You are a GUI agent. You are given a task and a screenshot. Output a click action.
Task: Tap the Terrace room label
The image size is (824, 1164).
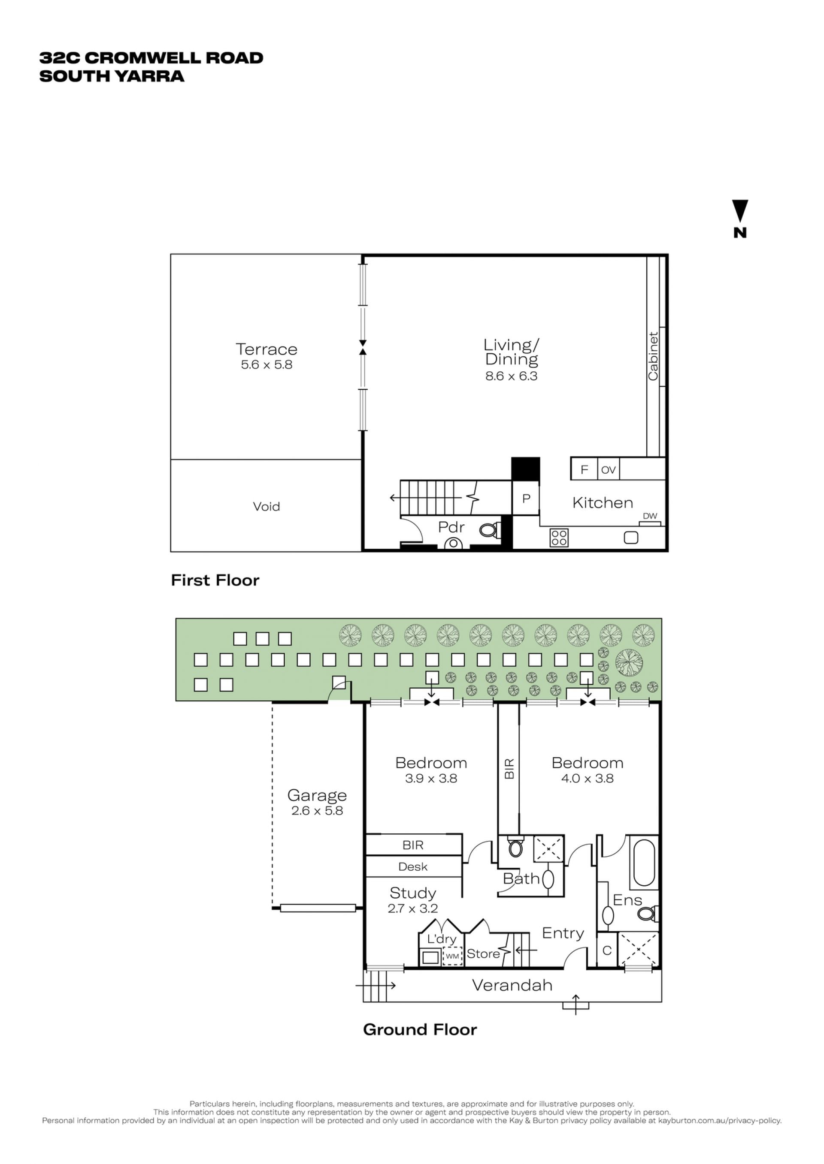[267, 349]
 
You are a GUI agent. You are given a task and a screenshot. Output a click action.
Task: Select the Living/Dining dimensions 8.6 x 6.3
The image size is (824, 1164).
[511, 376]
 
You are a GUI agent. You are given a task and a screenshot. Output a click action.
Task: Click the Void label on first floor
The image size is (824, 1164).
[267, 506]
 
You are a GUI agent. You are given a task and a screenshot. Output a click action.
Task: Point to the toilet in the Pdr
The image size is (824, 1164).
[490, 530]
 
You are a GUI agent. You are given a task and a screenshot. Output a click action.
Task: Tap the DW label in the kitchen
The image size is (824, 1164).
[650, 516]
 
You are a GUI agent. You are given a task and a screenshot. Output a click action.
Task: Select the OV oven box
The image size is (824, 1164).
[609, 469]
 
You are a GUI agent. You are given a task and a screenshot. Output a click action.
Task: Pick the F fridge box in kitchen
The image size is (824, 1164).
[584, 469]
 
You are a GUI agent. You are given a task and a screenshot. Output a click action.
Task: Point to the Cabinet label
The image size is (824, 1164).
[653, 356]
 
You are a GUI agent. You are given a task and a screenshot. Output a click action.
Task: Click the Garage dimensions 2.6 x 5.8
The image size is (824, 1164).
[317, 811]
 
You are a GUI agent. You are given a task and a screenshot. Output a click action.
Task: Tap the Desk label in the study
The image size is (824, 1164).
[412, 867]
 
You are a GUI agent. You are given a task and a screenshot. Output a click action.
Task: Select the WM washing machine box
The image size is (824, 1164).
[452, 956]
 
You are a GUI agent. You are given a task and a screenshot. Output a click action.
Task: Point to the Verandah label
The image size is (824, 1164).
[512, 985]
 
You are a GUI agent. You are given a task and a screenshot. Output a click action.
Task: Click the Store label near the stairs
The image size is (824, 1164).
[483, 953]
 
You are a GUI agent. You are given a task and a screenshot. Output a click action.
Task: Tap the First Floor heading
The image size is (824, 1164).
[215, 580]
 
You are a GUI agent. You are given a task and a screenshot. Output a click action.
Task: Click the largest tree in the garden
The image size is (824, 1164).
[629, 663]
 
